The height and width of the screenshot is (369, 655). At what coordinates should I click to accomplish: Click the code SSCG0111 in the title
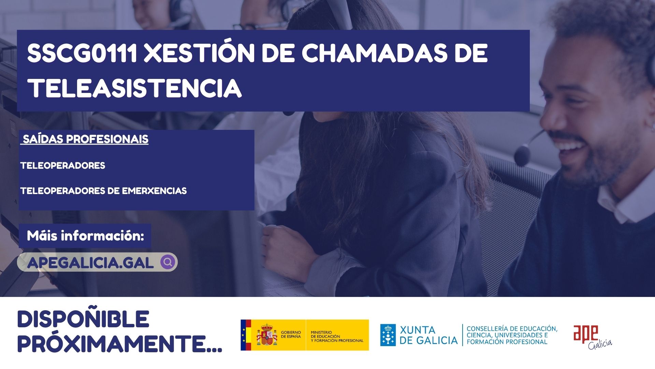point(82,53)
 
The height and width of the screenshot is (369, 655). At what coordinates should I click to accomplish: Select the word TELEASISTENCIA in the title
point(135,88)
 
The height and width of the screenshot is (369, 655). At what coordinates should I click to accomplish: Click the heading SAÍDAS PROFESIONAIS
point(86,139)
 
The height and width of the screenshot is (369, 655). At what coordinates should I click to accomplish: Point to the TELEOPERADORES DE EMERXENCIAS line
point(103,191)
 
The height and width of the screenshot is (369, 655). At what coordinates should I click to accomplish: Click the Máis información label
point(86,236)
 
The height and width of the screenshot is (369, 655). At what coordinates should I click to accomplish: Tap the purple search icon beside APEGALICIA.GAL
point(168,262)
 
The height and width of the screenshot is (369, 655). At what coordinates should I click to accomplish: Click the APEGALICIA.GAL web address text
point(90,263)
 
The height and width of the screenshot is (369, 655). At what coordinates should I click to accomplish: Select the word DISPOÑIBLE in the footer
point(83,319)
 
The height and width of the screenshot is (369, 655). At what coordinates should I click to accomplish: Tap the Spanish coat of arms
point(267,334)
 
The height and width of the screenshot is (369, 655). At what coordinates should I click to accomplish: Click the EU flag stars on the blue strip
point(243,335)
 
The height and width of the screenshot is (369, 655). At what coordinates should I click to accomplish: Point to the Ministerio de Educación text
point(337,336)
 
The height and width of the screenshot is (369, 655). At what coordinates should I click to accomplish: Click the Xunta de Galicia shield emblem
point(388,335)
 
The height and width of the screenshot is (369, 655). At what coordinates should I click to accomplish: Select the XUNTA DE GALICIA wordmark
point(428,335)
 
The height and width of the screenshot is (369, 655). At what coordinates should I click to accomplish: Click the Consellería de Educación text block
point(512,335)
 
